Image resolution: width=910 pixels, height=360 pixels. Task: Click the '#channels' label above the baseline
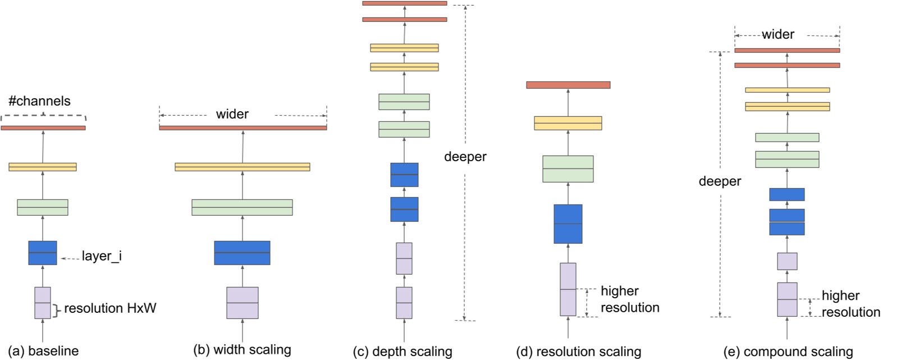(39, 101)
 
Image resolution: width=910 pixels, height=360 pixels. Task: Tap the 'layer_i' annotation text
(102, 256)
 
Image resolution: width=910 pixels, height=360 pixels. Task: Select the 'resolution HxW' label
(110, 308)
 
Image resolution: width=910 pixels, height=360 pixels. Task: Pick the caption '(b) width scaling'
(242, 350)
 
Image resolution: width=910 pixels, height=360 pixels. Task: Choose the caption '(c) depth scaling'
(403, 352)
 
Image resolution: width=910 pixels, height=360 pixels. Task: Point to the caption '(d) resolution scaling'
(579, 352)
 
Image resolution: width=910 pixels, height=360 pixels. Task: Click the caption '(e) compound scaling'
(788, 352)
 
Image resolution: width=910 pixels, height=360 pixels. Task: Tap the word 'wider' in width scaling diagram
(232, 115)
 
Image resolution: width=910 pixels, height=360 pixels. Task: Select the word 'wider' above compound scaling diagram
(778, 35)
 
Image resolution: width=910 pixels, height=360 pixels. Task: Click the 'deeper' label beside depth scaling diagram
(465, 157)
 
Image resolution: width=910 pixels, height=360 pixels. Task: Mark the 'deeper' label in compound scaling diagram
(720, 181)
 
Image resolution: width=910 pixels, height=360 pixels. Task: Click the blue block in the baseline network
(43, 253)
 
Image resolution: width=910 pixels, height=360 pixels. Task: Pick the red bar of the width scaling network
(243, 128)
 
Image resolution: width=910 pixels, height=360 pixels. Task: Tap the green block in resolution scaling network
(568, 168)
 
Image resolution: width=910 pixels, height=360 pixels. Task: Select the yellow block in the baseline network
(43, 167)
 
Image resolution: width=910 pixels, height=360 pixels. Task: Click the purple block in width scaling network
(243, 303)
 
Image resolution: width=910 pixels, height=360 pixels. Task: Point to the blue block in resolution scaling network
(568, 224)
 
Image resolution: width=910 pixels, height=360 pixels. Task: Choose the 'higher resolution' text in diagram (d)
(629, 299)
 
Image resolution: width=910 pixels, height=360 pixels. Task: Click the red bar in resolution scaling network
(568, 85)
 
